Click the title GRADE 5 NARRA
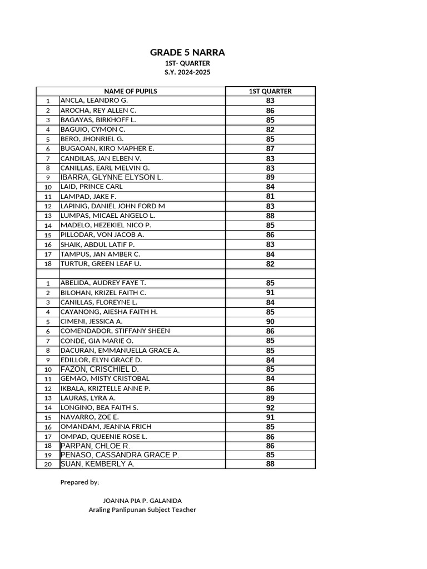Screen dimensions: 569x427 187,53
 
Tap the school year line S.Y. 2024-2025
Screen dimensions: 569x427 187,73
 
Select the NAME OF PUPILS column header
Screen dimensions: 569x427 131,91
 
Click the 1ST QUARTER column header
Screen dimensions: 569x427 270,91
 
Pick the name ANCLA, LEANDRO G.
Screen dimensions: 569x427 94,101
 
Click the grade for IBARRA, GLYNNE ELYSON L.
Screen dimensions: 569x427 270,177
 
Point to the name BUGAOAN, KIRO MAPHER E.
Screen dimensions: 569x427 107,148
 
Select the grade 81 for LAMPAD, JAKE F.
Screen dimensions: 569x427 270,196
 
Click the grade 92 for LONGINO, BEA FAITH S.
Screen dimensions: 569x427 270,407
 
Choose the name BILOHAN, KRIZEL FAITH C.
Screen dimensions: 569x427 103,292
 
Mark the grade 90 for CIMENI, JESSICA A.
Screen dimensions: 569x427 270,321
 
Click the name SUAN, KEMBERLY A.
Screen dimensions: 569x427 97,464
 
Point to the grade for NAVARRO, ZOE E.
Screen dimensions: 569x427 270,417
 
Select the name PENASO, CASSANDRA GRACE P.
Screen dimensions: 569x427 120,455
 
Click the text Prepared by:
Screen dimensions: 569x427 80,482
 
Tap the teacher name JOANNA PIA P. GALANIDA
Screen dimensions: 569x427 142,501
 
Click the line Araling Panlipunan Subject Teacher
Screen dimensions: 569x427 142,510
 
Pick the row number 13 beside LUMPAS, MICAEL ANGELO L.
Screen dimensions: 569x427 48,216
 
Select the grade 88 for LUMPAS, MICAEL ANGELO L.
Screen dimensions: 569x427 270,216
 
